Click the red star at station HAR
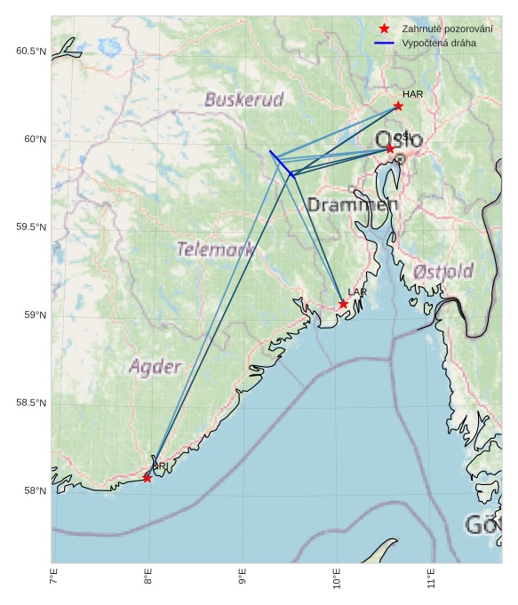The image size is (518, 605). (398, 106)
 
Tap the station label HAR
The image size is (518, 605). (412, 94)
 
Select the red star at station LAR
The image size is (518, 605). (343, 304)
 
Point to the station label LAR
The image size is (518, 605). (357, 292)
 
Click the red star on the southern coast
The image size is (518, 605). (147, 478)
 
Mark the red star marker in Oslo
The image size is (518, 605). (390, 148)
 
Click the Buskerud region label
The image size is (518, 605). (244, 100)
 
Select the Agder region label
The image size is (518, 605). (155, 367)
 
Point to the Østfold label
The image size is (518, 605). (443, 271)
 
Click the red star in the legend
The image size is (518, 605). (384, 28)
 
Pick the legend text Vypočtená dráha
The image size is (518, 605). (439, 43)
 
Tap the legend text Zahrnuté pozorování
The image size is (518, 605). (447, 28)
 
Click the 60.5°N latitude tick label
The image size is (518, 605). (31, 52)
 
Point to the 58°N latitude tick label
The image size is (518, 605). (34, 491)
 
